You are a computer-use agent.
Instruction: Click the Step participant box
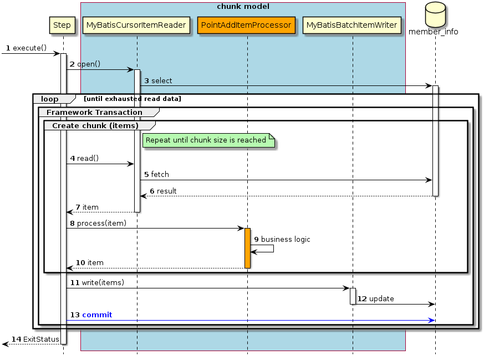click(62, 25)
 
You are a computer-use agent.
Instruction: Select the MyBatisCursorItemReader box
click(136, 25)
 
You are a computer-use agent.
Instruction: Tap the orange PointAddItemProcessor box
click(246, 25)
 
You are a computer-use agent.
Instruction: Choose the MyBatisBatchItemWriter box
click(352, 25)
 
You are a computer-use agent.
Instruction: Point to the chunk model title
click(243, 7)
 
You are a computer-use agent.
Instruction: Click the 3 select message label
click(159, 81)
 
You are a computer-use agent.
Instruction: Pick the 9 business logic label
click(282, 240)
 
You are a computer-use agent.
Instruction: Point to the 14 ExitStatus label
click(35, 339)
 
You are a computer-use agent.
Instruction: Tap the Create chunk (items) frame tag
click(95, 125)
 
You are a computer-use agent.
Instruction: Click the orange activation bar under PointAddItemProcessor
click(247, 248)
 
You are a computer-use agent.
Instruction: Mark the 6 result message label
click(163, 191)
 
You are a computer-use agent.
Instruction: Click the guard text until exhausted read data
click(133, 99)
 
